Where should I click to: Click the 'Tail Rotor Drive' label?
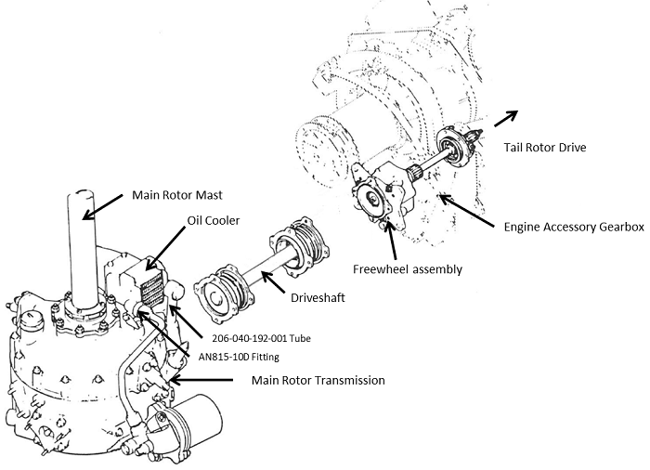pyautogui.click(x=545, y=146)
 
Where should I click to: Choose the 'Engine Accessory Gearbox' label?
pyautogui.click(x=573, y=228)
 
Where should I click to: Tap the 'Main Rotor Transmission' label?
pyautogui.click(x=318, y=380)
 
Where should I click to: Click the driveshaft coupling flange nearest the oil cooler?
pyautogui.click(x=220, y=297)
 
